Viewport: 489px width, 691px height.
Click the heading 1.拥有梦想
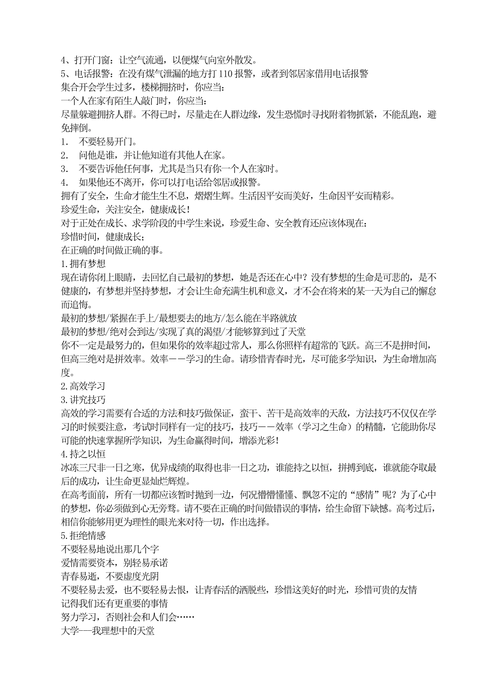[x=83, y=264]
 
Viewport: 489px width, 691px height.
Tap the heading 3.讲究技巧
[x=83, y=399]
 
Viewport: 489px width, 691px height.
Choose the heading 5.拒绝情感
[x=83, y=536]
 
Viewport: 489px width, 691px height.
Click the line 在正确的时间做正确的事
[x=112, y=251]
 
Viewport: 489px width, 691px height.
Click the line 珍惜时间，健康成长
[x=102, y=237]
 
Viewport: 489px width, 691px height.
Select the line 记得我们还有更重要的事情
[x=114, y=603]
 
